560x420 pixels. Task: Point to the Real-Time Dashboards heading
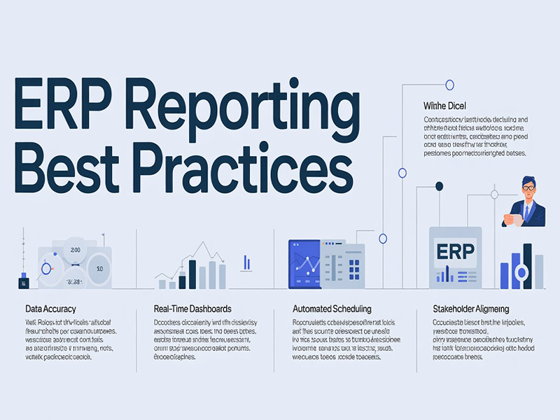192,309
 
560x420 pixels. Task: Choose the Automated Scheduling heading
331,309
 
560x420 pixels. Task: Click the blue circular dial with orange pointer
47,267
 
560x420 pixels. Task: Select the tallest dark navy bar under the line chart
192,274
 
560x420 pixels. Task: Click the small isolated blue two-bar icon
246,263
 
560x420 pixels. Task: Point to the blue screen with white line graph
304,265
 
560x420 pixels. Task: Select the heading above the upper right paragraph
444,105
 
